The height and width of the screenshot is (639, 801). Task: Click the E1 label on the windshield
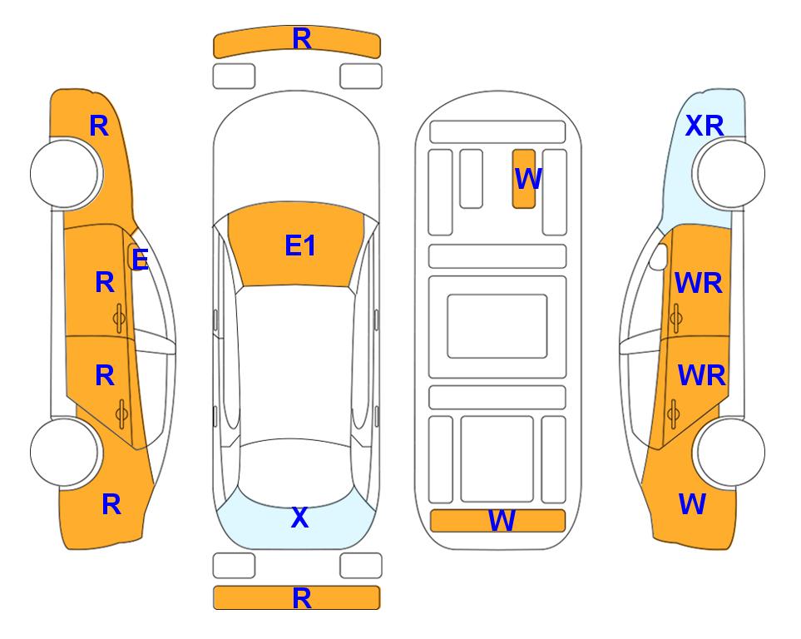300,245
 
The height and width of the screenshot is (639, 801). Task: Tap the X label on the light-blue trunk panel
300,518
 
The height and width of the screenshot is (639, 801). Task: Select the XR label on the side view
705,126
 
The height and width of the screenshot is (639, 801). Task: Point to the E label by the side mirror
140,260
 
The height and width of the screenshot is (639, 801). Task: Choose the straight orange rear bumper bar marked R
297,597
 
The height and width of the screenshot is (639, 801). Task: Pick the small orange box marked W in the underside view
524,179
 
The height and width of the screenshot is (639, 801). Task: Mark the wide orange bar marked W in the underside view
498,521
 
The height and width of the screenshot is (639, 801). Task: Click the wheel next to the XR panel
729,174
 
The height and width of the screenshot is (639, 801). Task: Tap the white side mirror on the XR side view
659,256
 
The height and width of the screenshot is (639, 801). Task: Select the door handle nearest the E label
120,319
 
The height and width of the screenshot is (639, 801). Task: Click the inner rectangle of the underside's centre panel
497,326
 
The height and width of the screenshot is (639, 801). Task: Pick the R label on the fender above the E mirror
99,126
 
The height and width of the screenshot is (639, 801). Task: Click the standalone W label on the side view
692,504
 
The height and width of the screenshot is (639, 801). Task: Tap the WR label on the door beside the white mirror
699,283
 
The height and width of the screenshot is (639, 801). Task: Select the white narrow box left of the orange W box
471,179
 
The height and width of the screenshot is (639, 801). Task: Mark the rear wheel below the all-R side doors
66,452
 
